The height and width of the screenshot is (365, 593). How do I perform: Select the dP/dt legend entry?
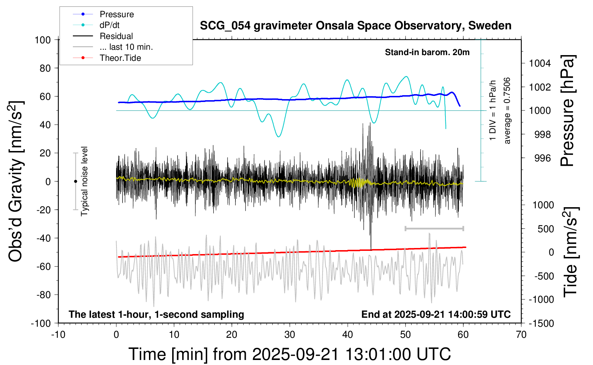point(109,25)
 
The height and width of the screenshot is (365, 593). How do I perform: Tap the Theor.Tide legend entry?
point(120,58)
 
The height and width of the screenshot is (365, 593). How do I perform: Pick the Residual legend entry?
point(116,36)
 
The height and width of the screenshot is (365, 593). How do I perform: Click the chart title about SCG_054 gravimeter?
point(355,26)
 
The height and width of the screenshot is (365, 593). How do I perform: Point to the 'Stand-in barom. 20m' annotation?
point(427,52)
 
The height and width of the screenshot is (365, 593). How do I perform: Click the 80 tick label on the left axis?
point(45,68)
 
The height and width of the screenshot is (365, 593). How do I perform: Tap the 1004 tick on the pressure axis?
point(540,63)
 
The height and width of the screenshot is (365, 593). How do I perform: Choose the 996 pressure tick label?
point(542,158)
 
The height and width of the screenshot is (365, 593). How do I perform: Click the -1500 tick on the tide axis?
point(541,323)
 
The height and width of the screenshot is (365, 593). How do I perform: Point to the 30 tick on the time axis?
point(290,335)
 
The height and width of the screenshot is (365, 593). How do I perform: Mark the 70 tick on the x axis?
point(521,335)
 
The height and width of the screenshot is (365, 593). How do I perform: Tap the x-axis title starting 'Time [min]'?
point(289,354)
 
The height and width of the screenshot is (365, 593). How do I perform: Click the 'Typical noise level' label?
point(84,181)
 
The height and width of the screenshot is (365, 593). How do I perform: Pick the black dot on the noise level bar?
point(75,181)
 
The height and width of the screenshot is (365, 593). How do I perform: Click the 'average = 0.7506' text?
point(507,111)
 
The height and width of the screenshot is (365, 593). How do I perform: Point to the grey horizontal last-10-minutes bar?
point(434,228)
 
